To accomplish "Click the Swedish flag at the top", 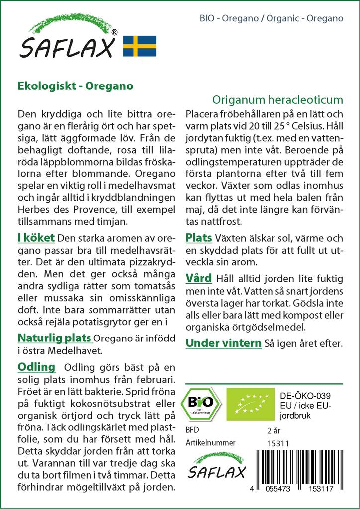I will click(140, 46).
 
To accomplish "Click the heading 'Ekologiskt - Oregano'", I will click(75, 85).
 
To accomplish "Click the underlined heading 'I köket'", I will click(36, 238).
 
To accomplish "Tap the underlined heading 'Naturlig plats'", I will click(55, 339).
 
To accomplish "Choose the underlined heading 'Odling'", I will click(36, 367).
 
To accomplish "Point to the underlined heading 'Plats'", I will click(199, 238).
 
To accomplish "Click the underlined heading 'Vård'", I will click(199, 277).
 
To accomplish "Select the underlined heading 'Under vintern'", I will click(223, 342).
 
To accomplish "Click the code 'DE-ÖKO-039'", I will click(305, 396).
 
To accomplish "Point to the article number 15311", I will click(278, 443).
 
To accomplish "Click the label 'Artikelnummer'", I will click(210, 443).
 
